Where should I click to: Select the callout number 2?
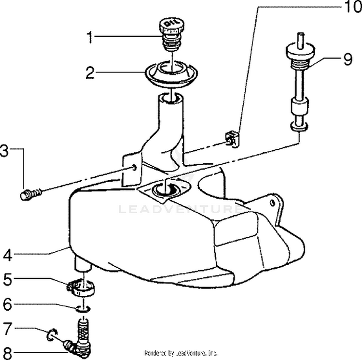(x=90, y=73)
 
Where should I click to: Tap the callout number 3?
(x=4, y=151)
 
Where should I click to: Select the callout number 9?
(x=348, y=60)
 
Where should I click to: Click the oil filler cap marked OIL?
(x=171, y=27)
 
